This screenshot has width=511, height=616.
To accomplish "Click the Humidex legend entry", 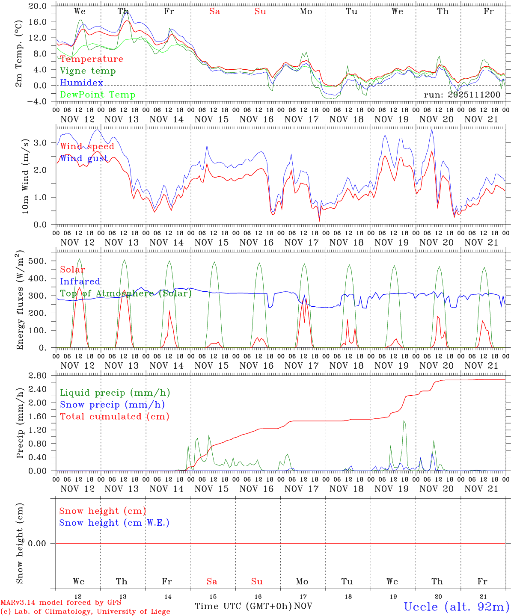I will (x=81, y=83).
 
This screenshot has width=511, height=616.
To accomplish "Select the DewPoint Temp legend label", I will (x=98, y=95).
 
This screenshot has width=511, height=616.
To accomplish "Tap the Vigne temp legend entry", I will (x=88, y=71).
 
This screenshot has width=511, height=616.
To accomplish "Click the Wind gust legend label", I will (x=84, y=158).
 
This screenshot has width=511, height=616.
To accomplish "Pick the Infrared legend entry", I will (x=80, y=281).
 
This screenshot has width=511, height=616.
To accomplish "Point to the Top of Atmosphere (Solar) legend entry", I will (x=126, y=293).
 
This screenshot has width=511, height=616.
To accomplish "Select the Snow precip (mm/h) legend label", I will (x=112, y=405).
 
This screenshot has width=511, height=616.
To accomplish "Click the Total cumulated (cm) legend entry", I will (x=115, y=417).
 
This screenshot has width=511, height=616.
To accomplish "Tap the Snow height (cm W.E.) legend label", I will (x=114, y=523).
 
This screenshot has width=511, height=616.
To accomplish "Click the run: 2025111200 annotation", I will (x=462, y=95).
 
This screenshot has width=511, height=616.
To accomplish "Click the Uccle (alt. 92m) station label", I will (x=457, y=607).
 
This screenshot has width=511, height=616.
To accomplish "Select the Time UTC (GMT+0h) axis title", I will (x=243, y=606).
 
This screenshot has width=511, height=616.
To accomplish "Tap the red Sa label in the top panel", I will (x=214, y=12).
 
